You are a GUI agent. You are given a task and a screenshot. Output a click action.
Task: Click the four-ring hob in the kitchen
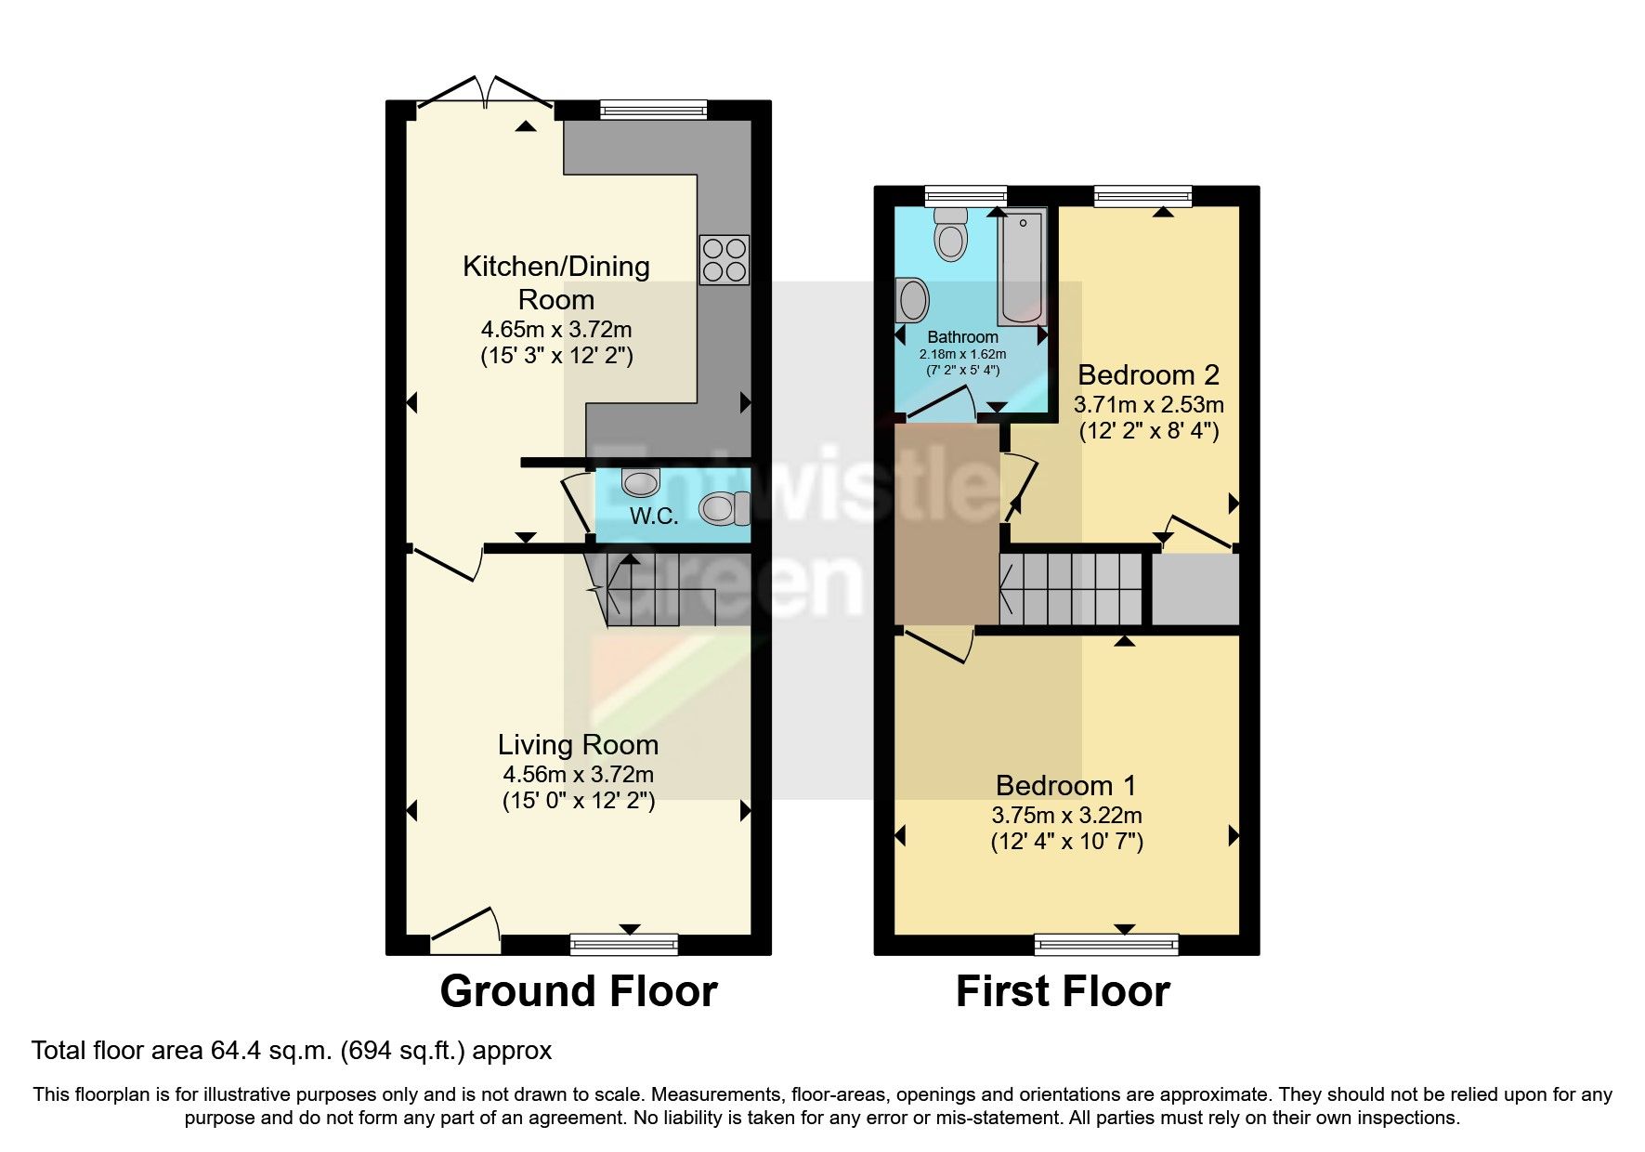click(725, 260)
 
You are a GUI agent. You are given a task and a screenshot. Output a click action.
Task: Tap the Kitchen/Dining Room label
click(555, 282)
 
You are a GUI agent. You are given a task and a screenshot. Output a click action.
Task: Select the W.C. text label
click(654, 517)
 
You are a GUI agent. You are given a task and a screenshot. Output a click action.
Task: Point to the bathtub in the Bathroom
click(1022, 267)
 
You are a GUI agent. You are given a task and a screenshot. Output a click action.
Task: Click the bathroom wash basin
click(913, 300)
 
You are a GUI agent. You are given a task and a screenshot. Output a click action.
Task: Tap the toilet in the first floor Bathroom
click(951, 233)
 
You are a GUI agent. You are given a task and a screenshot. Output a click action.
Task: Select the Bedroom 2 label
click(1148, 375)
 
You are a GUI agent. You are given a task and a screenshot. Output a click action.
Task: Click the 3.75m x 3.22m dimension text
click(1066, 816)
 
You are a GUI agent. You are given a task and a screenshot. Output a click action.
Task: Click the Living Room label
click(578, 745)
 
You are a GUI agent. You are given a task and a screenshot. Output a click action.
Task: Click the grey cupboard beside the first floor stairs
click(1196, 589)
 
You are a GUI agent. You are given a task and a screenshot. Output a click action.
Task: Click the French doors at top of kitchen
click(486, 94)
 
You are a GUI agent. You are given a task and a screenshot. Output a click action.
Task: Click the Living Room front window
click(623, 945)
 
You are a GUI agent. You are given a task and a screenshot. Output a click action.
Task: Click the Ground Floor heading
click(578, 991)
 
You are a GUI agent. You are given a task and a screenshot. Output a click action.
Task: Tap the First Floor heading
click(1063, 991)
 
